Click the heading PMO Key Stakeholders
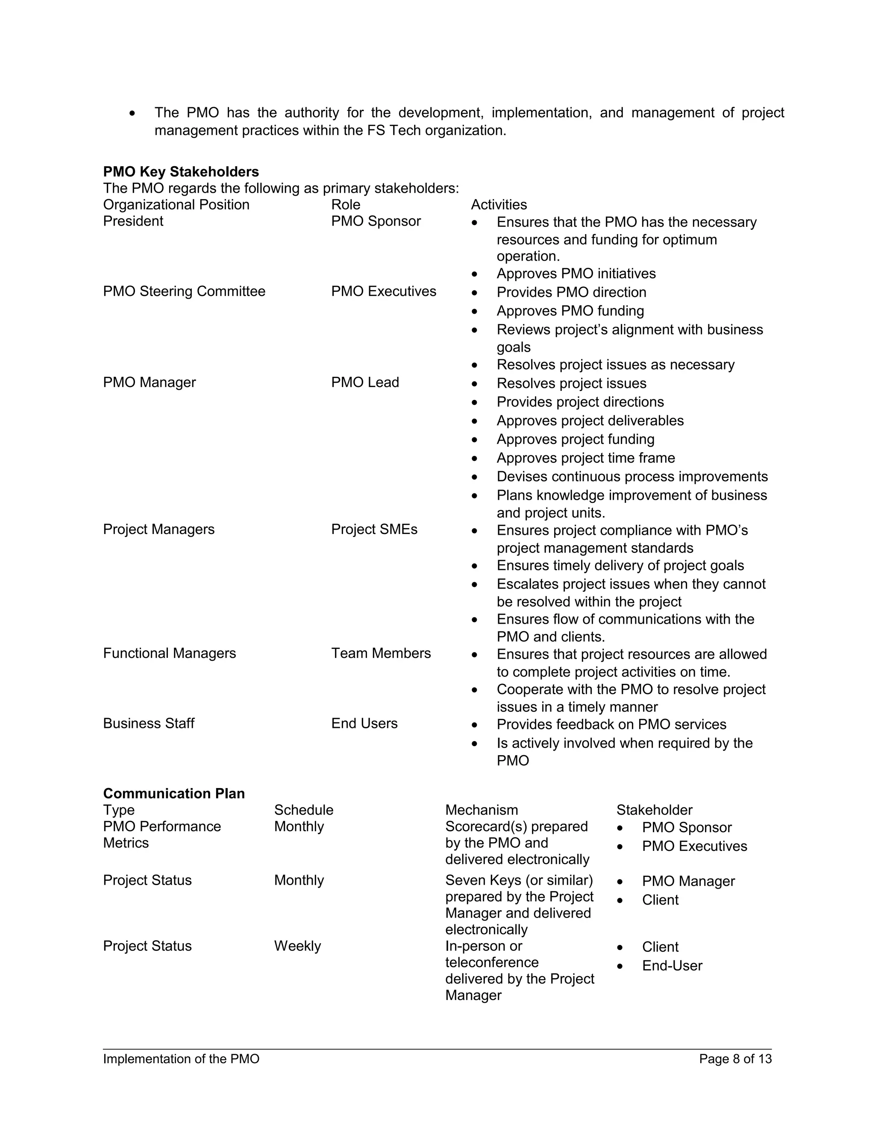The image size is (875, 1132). click(x=181, y=172)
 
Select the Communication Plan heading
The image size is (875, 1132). click(x=173, y=794)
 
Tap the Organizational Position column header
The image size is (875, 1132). click(x=176, y=205)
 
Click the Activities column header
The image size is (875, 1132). click(x=499, y=205)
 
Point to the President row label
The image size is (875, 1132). click(x=133, y=221)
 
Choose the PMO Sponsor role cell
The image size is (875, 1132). click(x=376, y=221)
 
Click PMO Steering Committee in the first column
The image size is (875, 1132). click(x=184, y=291)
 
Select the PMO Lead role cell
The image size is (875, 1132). click(x=365, y=382)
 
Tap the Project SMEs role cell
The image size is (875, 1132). click(x=374, y=529)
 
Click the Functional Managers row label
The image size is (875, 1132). click(x=170, y=653)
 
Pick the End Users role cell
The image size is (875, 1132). click(x=364, y=724)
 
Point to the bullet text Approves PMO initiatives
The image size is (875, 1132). click(x=576, y=274)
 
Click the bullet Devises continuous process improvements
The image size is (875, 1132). click(x=632, y=477)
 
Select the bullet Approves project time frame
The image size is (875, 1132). click(x=586, y=458)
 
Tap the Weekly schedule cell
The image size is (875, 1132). click(x=297, y=946)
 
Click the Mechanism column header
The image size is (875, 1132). click(x=482, y=810)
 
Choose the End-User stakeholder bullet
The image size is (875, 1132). click(x=672, y=966)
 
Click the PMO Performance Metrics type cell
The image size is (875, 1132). click(x=162, y=835)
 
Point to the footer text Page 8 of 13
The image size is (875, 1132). click(x=735, y=1059)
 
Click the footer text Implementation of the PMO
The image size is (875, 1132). click(x=181, y=1059)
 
